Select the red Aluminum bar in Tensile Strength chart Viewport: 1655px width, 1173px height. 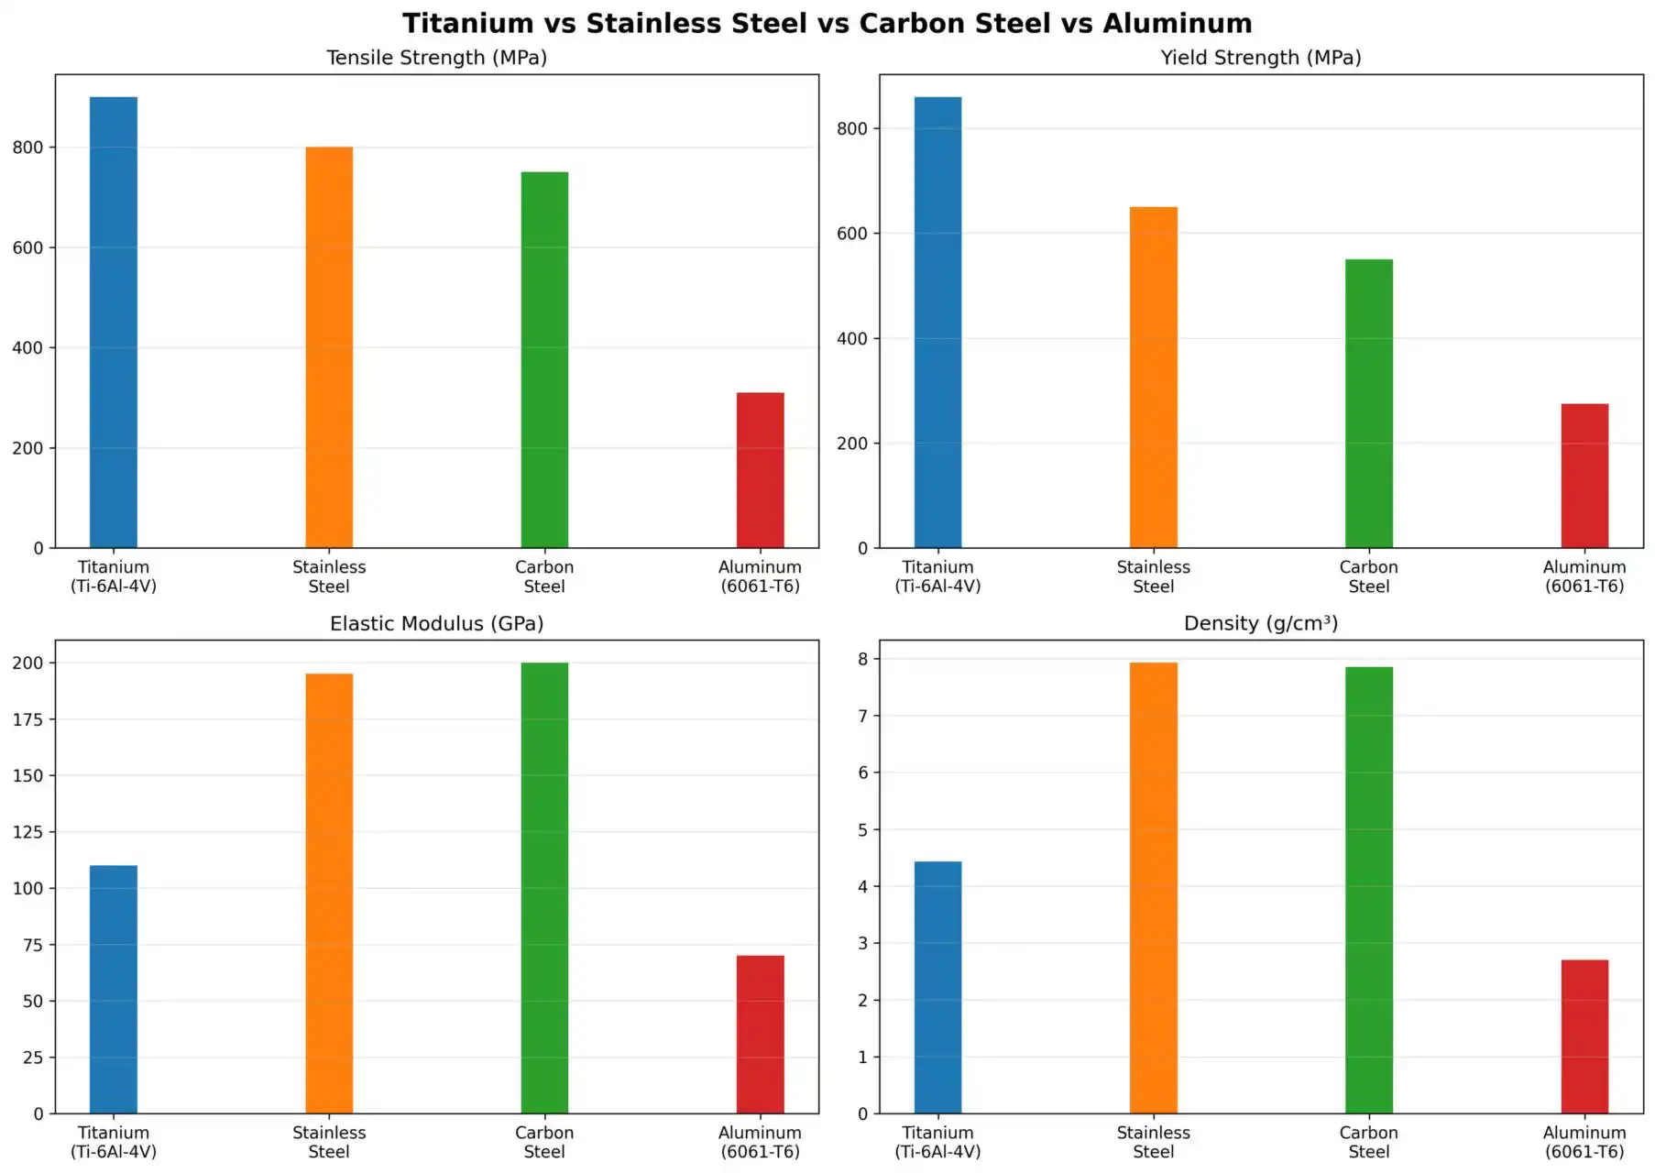pyautogui.click(x=760, y=470)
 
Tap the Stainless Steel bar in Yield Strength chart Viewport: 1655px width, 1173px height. pyautogui.click(x=1153, y=378)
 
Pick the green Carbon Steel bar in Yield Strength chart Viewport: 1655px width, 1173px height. pyautogui.click(x=1368, y=403)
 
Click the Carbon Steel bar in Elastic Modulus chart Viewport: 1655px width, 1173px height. pyautogui.click(x=544, y=887)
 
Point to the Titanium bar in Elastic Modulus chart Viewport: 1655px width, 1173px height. pyautogui.click(x=114, y=989)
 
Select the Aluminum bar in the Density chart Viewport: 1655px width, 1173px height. pyautogui.click(x=1584, y=1036)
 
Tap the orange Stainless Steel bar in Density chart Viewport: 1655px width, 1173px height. pyautogui.click(x=1153, y=887)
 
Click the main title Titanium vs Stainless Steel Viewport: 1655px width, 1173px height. pyautogui.click(x=827, y=23)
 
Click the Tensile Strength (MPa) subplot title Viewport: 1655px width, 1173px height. pyautogui.click(x=436, y=58)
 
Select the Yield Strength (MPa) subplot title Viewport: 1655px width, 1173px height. pyautogui.click(x=1260, y=58)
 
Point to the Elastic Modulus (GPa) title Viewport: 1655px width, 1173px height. pyautogui.click(x=436, y=624)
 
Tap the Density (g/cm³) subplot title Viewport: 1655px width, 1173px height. pyautogui.click(x=1260, y=624)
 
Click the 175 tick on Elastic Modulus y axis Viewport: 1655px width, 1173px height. pyautogui.click(x=27, y=719)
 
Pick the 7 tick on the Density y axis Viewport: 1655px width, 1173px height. pyautogui.click(x=862, y=716)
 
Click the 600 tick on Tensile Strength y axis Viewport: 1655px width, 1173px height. pyautogui.click(x=27, y=247)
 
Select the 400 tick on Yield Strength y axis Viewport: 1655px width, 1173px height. pyautogui.click(x=851, y=338)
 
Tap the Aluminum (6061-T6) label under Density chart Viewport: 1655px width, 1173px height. pyautogui.click(x=1584, y=1142)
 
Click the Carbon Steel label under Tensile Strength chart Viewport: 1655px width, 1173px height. pyautogui.click(x=544, y=576)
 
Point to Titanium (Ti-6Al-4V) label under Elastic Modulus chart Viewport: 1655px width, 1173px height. pyautogui.click(x=114, y=1142)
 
